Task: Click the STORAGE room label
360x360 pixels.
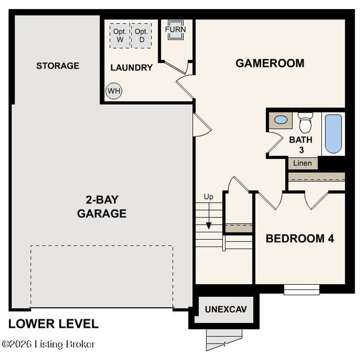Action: [58, 66]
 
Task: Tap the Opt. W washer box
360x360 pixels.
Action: [120, 36]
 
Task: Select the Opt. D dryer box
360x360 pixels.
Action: [142, 36]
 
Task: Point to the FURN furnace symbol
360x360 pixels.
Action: [175, 30]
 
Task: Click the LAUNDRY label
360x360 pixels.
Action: [131, 67]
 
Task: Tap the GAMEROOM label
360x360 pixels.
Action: [270, 63]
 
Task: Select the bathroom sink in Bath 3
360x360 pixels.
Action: [281, 120]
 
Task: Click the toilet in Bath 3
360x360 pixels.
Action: [305, 123]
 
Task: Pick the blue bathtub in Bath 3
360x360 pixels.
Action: [333, 134]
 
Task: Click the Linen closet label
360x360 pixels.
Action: [302, 163]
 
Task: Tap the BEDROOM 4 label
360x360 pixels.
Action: [300, 238]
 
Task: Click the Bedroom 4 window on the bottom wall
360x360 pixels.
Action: [302, 290]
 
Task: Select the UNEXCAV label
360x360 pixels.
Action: [226, 309]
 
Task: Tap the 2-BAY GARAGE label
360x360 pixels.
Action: [102, 206]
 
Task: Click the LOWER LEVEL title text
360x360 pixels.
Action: [53, 324]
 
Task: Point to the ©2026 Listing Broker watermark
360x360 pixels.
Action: [49, 344]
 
